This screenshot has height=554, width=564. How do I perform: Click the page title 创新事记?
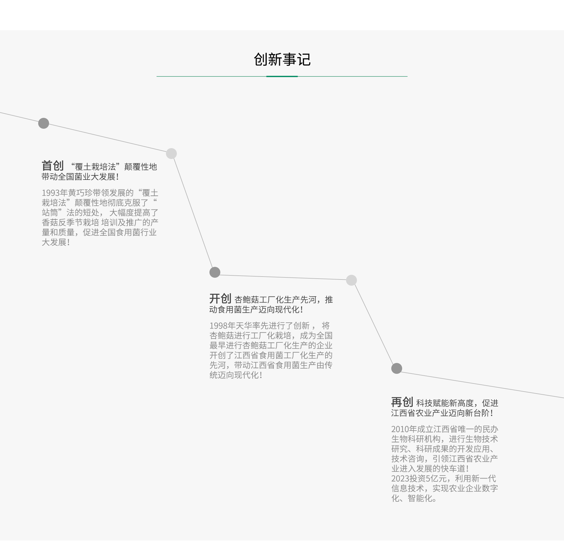pyautogui.click(x=282, y=60)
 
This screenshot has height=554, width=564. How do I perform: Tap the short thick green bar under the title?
pyautogui.click(x=282, y=76)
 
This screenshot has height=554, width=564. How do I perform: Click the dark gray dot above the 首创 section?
pyautogui.click(x=43, y=123)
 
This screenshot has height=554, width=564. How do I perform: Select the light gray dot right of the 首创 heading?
pyautogui.click(x=171, y=153)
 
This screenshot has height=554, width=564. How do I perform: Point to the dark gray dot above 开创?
pyautogui.click(x=215, y=272)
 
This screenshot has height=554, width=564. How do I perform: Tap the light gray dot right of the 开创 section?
pyautogui.click(x=351, y=280)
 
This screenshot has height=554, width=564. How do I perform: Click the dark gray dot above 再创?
pyautogui.click(x=397, y=368)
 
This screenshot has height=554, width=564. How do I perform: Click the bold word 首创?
pyautogui.click(x=53, y=166)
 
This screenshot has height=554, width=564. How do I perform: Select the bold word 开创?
pyautogui.click(x=220, y=299)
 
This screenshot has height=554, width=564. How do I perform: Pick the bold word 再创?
pyautogui.click(x=402, y=402)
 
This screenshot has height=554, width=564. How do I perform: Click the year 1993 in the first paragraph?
pyautogui.click(x=51, y=193)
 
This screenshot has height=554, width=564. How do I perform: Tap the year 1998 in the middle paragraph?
pyautogui.click(x=218, y=326)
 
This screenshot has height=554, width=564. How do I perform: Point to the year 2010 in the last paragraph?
pyautogui.click(x=400, y=429)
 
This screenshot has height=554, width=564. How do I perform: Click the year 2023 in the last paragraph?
pyautogui.click(x=400, y=478)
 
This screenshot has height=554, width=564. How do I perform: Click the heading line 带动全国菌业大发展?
pyautogui.click(x=80, y=177)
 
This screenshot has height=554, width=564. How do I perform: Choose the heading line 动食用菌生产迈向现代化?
pyautogui.click(x=256, y=309)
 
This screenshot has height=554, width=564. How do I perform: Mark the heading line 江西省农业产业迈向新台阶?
pyautogui.click(x=442, y=413)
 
